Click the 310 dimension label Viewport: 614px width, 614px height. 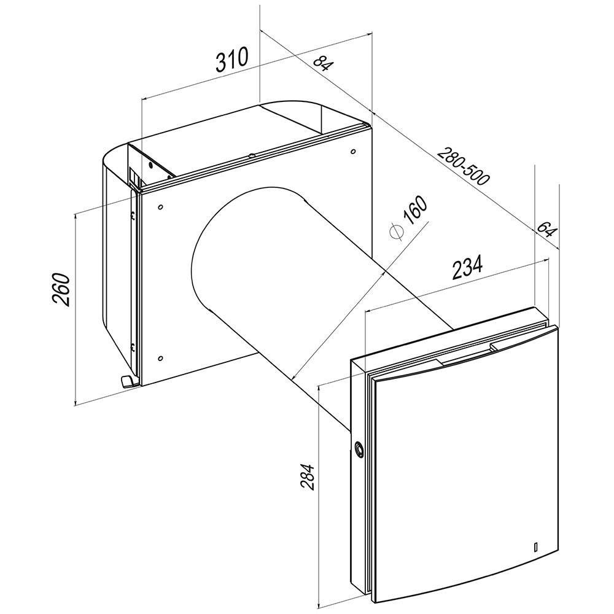232,60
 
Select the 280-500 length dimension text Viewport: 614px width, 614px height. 463,166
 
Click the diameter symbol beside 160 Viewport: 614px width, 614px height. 396,232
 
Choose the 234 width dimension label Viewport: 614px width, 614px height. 467,268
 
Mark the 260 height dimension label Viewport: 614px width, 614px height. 60,289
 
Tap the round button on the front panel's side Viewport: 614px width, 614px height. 359,448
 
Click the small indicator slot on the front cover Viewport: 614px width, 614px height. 535,546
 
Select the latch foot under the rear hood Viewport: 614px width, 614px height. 128,381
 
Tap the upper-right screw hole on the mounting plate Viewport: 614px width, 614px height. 353,151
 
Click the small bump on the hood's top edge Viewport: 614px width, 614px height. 251,156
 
